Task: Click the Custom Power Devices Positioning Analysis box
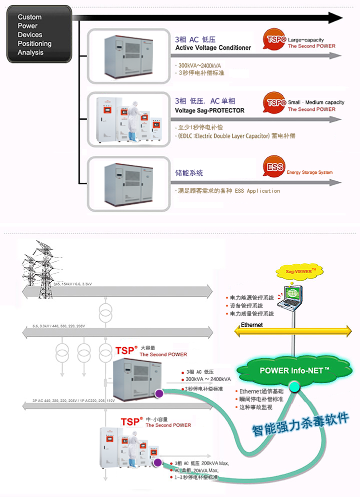pyautogui.click(x=39, y=34)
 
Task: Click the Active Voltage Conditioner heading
pyautogui.click(x=213, y=48)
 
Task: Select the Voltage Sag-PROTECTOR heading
pyautogui.click(x=209, y=110)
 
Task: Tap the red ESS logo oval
pyautogui.click(x=274, y=167)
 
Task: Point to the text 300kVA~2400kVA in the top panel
pyautogui.click(x=200, y=65)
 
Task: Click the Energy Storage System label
pyautogui.click(x=309, y=173)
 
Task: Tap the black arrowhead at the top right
pyautogui.click(x=334, y=18)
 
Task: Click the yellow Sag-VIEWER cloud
pyautogui.click(x=297, y=271)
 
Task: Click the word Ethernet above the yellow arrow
pyautogui.click(x=251, y=325)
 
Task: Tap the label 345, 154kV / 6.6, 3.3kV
pyautogui.click(x=72, y=285)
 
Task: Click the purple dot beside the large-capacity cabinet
pyautogui.click(x=159, y=394)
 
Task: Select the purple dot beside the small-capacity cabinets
pyautogui.click(x=157, y=463)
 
